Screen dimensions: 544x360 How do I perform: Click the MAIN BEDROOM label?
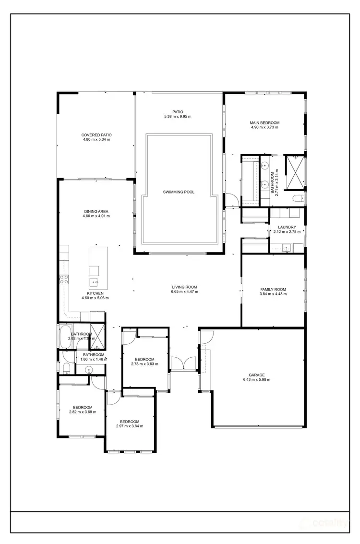click(x=264, y=123)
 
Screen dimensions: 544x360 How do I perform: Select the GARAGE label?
click(x=256, y=375)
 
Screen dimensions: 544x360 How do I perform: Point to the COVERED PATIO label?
click(x=96, y=135)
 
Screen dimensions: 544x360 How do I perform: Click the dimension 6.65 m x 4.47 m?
click(x=185, y=292)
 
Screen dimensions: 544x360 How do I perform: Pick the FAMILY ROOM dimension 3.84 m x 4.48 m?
click(x=273, y=294)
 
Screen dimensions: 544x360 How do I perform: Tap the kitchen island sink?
click(x=94, y=282)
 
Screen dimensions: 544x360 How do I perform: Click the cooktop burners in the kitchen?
click(x=63, y=279)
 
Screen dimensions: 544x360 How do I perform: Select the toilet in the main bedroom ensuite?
click(x=296, y=198)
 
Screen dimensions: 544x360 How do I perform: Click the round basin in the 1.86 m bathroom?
click(x=88, y=370)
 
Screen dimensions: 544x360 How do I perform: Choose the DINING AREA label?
click(x=96, y=211)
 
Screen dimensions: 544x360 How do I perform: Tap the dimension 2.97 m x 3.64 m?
click(x=130, y=426)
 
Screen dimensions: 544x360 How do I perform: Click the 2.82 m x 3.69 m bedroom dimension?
click(x=83, y=411)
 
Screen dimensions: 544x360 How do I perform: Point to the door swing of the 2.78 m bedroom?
click(x=128, y=338)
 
